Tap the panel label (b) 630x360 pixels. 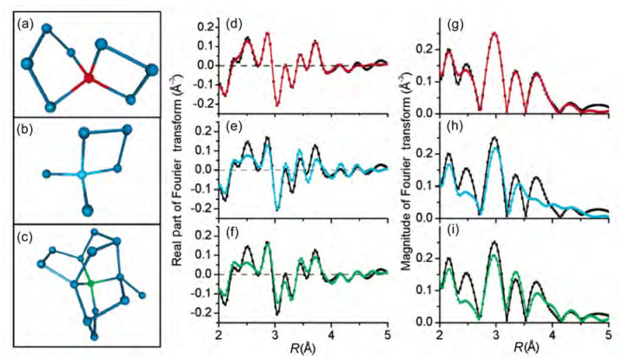tap(25, 130)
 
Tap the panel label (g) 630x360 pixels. tap(455, 24)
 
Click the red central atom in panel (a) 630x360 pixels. tap(89, 77)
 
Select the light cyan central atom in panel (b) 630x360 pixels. tap(82, 175)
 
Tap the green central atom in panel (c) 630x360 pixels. tap(91, 283)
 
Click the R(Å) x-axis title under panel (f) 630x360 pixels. tap(303, 346)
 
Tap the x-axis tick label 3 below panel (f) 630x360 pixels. tap(275, 333)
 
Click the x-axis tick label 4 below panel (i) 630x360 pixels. tap(553, 333)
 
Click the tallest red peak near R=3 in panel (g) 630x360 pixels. tap(495, 33)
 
